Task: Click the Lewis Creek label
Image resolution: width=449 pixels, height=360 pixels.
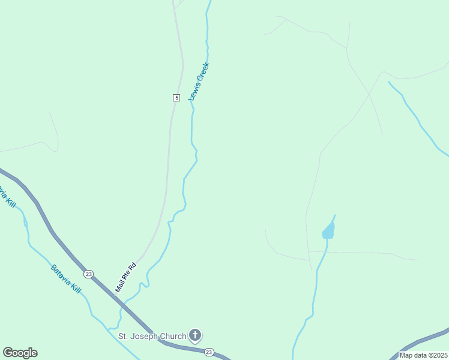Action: tap(199, 82)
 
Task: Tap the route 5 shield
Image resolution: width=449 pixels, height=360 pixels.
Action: tap(176, 97)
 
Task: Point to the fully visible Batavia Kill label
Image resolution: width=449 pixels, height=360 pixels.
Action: tap(65, 279)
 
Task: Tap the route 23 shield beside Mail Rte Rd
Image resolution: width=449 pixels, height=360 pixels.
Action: tap(89, 274)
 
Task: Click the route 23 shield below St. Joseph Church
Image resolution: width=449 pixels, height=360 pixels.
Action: tap(208, 352)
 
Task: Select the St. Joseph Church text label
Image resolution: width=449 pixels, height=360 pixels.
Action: tap(152, 336)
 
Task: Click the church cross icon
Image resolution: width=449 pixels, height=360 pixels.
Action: tap(194, 335)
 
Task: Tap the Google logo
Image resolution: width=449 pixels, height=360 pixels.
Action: tap(20, 353)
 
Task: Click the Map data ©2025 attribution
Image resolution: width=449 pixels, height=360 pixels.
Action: tap(423, 355)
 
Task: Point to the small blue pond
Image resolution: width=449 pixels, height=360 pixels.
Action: tap(328, 231)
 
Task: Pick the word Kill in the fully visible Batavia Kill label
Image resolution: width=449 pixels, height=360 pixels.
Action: tap(76, 288)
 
